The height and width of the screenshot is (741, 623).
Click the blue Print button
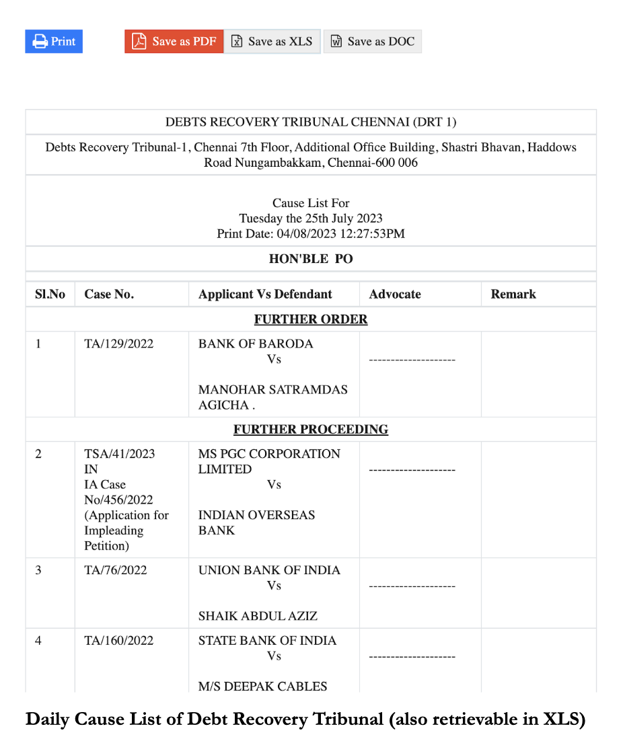point(54,42)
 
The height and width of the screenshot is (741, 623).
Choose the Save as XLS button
point(272,42)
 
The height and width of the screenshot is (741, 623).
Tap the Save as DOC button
point(372,42)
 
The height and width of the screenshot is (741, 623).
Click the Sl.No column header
point(50,295)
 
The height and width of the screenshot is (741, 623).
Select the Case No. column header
point(109,295)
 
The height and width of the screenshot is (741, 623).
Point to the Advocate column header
point(395,295)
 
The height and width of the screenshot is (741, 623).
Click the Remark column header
point(513,295)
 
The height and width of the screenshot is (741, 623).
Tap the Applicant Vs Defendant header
point(265,295)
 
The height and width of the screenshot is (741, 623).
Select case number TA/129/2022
point(118,344)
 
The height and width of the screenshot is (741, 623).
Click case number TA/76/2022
point(116,570)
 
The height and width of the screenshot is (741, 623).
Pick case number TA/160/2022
point(118,641)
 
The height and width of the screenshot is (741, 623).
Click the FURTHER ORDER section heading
point(311,319)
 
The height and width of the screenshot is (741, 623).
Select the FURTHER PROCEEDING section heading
point(311,430)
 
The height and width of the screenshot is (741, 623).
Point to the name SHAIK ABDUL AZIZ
point(258,616)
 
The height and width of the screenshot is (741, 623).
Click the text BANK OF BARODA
point(256,344)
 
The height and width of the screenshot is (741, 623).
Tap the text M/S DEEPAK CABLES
point(262,687)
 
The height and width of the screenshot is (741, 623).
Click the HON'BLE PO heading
point(311,259)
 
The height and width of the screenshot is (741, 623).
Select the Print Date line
point(311,234)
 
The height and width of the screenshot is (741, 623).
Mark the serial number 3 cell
point(38,570)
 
